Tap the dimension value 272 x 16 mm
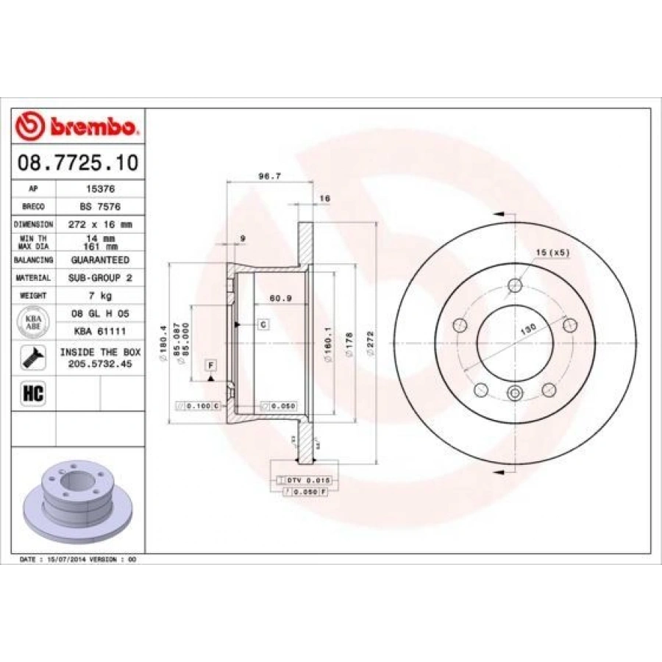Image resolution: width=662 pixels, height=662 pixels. [100, 224]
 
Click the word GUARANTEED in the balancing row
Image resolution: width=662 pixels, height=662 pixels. [100, 260]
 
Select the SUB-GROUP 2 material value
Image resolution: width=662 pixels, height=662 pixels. [100, 278]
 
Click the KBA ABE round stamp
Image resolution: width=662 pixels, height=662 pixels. [34, 322]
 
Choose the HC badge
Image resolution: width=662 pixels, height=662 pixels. [34, 393]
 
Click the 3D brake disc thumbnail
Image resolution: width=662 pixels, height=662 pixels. [77, 501]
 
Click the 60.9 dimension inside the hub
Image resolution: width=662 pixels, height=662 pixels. [277, 299]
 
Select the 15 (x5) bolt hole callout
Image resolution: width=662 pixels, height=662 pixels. [552, 252]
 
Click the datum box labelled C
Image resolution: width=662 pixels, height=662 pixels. [262, 324]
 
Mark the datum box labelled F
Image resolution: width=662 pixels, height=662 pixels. [210, 366]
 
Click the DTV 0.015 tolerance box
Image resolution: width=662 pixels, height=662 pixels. [304, 480]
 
